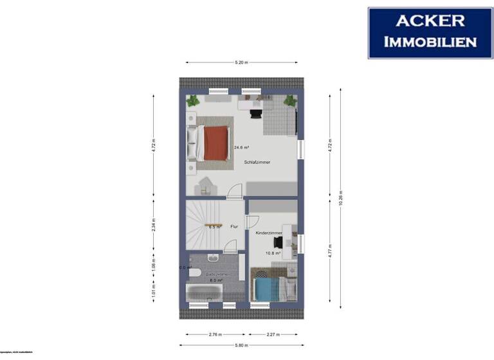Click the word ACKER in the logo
click(x=431, y=20)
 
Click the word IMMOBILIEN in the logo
click(x=431, y=42)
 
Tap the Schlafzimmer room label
click(x=257, y=162)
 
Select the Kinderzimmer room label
click(x=268, y=232)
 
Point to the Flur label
click(x=234, y=226)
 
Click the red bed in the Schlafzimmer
click(x=215, y=143)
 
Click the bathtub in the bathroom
click(x=205, y=293)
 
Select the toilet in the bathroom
click(x=194, y=273)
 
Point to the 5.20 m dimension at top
click(x=241, y=62)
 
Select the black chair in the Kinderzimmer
click(x=278, y=242)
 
